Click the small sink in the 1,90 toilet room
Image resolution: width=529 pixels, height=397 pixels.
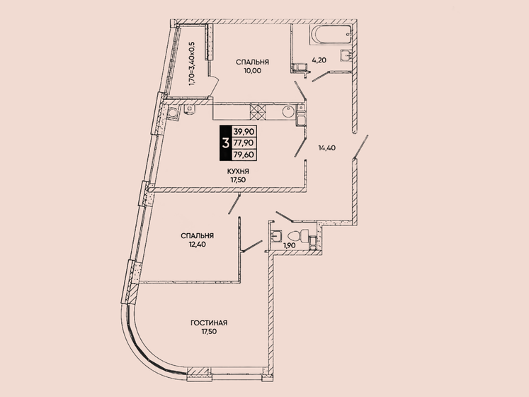click(278, 235)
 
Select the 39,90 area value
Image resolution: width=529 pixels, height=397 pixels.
click(246, 132)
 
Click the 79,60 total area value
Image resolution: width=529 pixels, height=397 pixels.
click(246, 153)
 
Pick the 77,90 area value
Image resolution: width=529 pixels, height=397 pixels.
click(246, 142)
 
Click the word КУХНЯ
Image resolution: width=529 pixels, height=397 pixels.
click(237, 172)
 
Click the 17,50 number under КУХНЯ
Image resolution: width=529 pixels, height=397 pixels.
click(237, 180)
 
